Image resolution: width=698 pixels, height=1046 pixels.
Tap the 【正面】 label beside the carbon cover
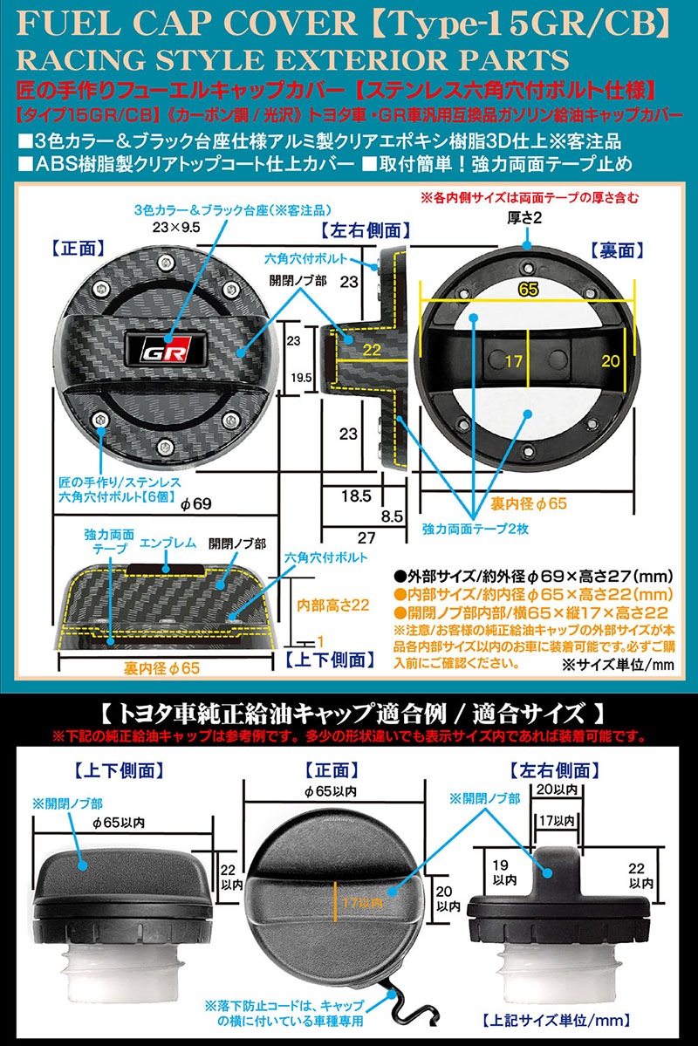pyautogui.click(x=78, y=249)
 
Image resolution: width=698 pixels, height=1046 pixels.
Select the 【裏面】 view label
pyautogui.click(x=617, y=250)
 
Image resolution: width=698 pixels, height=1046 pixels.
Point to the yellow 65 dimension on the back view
pyautogui.click(x=528, y=290)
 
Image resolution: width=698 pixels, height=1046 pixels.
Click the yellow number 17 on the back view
pyautogui.click(x=513, y=361)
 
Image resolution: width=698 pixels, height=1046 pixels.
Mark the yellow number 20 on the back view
pyautogui.click(x=611, y=361)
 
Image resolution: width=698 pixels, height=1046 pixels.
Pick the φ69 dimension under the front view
pyautogui.click(x=196, y=504)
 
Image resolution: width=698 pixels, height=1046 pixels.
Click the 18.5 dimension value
pyautogui.click(x=356, y=496)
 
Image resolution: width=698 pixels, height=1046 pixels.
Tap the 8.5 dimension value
pyautogui.click(x=392, y=516)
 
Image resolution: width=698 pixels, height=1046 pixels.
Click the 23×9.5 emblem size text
pyautogui.click(x=176, y=228)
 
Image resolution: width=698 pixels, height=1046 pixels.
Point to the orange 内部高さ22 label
pyautogui.click(x=333, y=605)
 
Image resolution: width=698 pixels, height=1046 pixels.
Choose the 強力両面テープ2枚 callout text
pyautogui.click(x=476, y=529)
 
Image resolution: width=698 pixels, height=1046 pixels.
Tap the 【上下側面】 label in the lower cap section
pyautogui.click(x=119, y=770)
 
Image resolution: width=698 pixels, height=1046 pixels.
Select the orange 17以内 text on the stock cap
pyautogui.click(x=362, y=903)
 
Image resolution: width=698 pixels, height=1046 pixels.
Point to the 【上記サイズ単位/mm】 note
pyautogui.click(x=556, y=1020)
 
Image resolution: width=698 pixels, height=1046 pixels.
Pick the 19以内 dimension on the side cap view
pyautogui.click(x=502, y=872)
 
